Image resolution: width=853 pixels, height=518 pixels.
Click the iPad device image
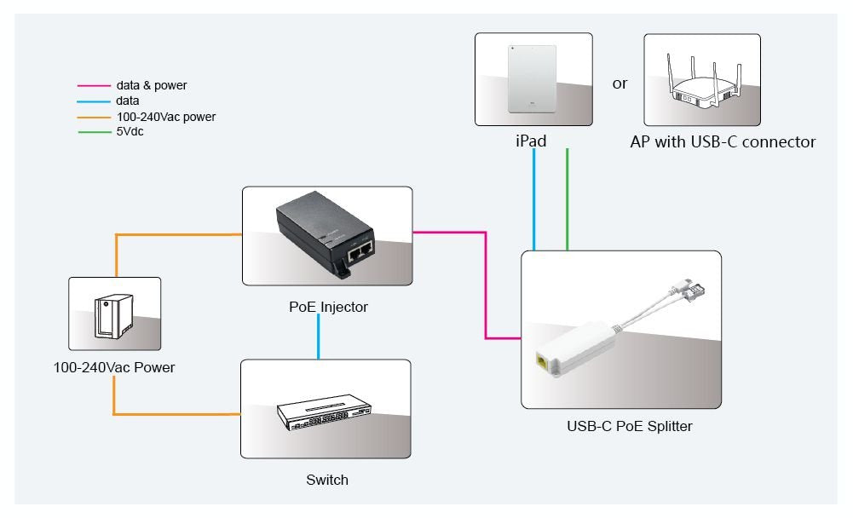[532, 79]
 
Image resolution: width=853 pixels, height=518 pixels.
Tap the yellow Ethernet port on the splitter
[540, 361]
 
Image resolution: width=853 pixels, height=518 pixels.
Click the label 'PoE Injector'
[328, 307]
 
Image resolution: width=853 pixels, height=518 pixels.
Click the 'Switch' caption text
[327, 480]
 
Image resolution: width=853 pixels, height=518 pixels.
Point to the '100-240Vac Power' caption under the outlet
[114, 368]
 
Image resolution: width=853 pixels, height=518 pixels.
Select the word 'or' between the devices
[620, 83]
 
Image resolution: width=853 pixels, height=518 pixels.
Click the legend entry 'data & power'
[151, 85]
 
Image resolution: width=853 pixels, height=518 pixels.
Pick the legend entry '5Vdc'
[130, 131]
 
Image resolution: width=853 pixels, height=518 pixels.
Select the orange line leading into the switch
[179, 414]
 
